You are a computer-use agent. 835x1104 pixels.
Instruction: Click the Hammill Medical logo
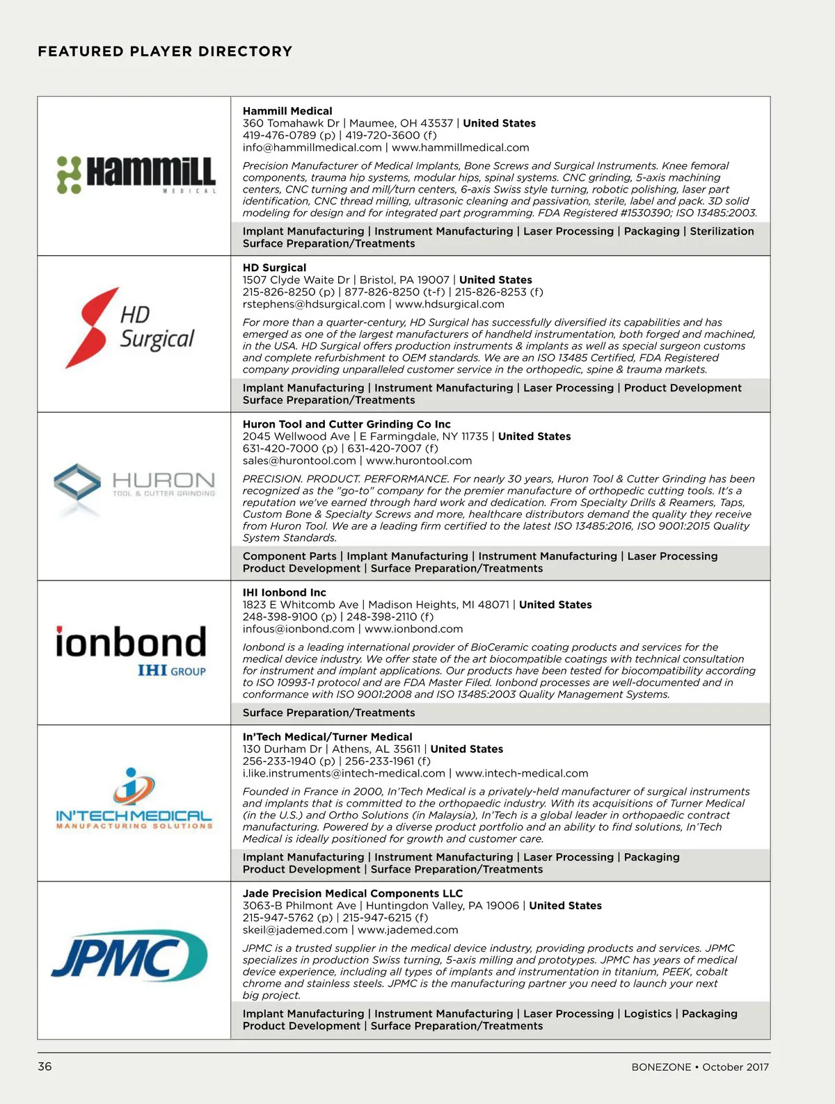click(136, 174)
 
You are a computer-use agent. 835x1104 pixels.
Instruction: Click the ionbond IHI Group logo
click(132, 651)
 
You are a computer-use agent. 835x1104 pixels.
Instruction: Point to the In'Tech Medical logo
click(134, 799)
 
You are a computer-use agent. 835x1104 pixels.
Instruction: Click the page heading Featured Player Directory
click(165, 51)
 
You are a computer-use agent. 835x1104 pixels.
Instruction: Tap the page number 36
click(45, 1066)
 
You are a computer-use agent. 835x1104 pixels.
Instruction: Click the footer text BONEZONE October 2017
click(700, 1067)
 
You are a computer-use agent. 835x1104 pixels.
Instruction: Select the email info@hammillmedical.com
click(312, 147)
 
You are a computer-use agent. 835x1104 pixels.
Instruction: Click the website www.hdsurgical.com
click(450, 304)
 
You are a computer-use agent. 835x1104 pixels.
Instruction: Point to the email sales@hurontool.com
click(299, 460)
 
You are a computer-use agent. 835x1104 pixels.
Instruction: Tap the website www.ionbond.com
click(413, 628)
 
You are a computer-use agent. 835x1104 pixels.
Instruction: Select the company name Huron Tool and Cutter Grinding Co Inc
click(347, 424)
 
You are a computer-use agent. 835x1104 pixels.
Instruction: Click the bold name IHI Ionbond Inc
click(284, 592)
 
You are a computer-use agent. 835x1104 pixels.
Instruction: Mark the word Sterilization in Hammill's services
click(722, 231)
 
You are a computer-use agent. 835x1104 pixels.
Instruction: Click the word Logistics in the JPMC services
click(648, 1014)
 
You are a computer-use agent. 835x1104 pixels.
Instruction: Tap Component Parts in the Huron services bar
click(289, 556)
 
